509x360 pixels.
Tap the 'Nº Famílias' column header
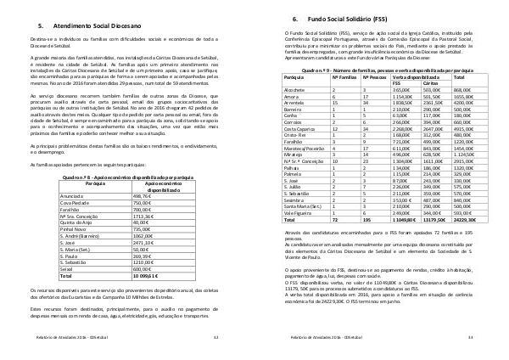click(340, 76)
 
